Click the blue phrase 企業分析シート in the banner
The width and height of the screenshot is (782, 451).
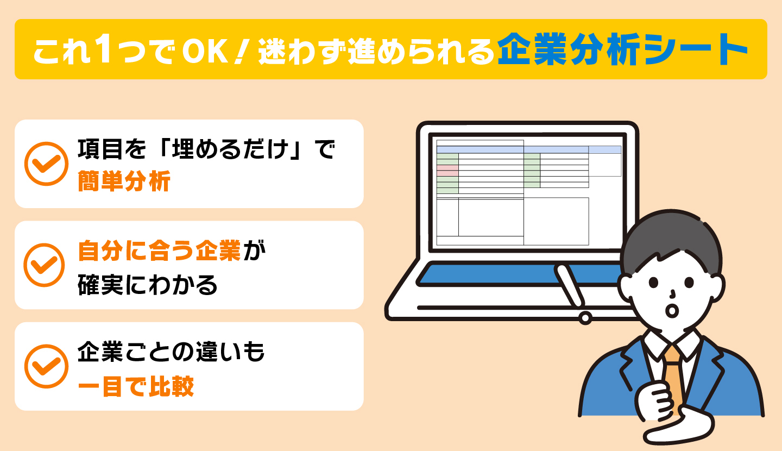[622, 49]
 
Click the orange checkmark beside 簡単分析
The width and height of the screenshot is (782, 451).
[46, 164]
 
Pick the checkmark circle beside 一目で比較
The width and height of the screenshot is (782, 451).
[46, 366]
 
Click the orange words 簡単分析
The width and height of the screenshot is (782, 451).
[124, 181]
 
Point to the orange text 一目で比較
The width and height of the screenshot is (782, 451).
[136, 386]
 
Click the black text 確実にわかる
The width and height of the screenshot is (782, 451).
[148, 285]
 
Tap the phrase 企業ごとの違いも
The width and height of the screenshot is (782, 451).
[172, 352]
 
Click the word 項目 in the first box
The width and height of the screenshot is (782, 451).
[99, 149]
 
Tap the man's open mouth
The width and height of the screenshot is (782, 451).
[672, 311]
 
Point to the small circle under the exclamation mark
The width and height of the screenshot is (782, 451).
[585, 318]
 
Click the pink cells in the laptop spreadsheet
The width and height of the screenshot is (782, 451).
[447, 171]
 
